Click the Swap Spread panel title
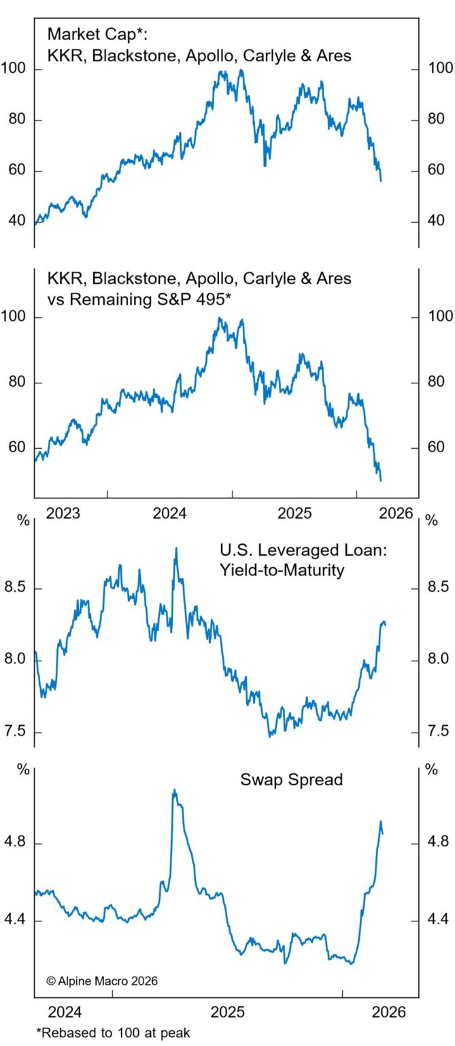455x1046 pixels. (291, 779)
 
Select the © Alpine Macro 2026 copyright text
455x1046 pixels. (102, 981)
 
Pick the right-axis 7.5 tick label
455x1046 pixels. (438, 732)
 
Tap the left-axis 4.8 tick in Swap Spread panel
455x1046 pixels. (14, 843)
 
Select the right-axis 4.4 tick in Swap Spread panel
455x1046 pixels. (438, 920)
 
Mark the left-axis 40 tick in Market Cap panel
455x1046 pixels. (14, 221)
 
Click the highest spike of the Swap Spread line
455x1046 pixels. (174, 790)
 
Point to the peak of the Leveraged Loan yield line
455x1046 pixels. (176, 548)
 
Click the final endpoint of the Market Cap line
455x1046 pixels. (381, 181)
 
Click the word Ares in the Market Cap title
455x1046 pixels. (335, 55)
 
